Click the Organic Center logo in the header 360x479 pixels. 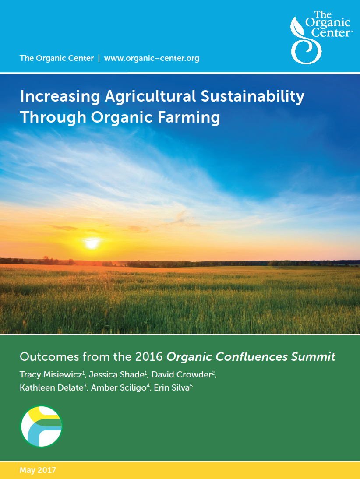pyautogui.click(x=321, y=37)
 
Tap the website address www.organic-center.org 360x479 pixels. pyautogui.click(x=152, y=58)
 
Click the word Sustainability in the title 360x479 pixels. pyautogui.click(x=252, y=96)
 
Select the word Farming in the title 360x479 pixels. pyautogui.click(x=189, y=118)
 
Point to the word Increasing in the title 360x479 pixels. pyautogui.click(x=60, y=96)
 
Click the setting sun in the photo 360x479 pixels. pyautogui.click(x=92, y=243)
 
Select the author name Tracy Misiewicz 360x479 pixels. pyautogui.click(x=51, y=374)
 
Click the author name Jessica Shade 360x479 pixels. pyautogui.click(x=116, y=374)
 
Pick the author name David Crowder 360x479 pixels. pyautogui.click(x=181, y=374)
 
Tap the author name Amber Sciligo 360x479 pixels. pyautogui.click(x=119, y=388)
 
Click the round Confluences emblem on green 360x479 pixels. pyautogui.click(x=41, y=426)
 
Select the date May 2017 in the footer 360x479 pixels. pyautogui.click(x=38, y=470)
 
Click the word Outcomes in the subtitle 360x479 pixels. pyautogui.click(x=49, y=357)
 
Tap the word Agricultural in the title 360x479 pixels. pyautogui.click(x=150, y=96)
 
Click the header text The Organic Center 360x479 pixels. pyautogui.click(x=57, y=58)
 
